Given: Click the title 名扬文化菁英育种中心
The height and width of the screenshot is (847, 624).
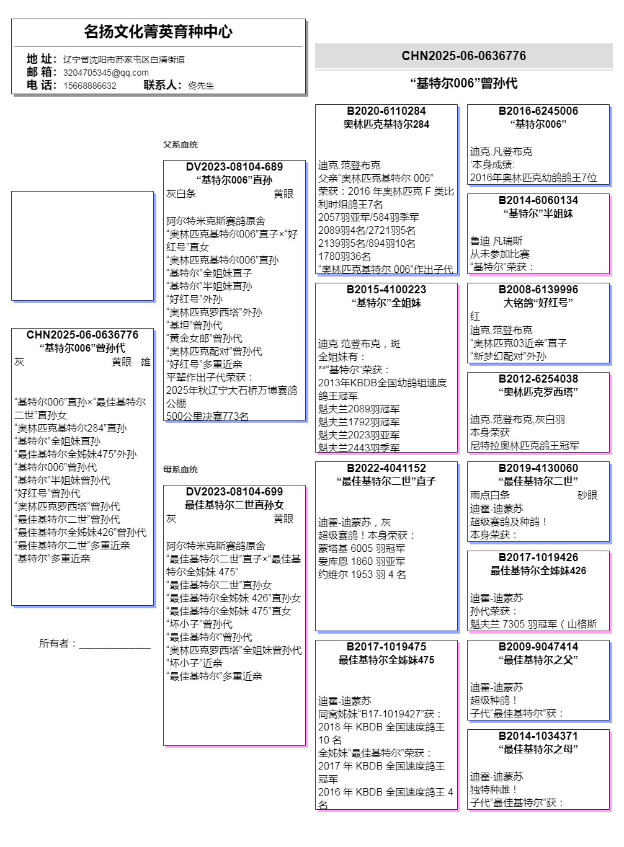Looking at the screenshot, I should point(158,32).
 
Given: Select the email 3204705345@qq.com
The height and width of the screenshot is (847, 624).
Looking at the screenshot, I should point(105,73).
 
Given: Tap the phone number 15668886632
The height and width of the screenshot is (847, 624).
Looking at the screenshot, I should point(89,86).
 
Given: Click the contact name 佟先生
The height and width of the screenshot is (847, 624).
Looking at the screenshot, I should point(201,86).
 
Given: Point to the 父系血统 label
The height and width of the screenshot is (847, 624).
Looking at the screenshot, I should point(180,144).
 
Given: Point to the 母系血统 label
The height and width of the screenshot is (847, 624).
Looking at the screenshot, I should point(180,469).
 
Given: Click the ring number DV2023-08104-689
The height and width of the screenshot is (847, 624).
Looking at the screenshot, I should point(234,167).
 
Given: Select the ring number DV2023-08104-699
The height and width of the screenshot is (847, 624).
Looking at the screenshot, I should point(234,492).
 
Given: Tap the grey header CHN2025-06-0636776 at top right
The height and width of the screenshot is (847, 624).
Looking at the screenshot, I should point(463,56).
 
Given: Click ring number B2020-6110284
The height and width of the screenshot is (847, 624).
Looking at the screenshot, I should point(386,111).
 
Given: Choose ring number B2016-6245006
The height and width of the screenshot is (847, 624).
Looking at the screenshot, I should point(538,111).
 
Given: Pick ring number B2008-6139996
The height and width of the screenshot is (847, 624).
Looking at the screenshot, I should point(538,290).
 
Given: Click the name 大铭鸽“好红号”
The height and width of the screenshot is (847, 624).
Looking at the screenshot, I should point(538,303).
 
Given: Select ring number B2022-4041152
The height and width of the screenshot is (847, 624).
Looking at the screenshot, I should point(386,468).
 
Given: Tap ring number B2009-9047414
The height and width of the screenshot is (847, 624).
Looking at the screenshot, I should point(538,647).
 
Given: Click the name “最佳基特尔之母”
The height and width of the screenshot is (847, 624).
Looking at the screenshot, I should point(538,749).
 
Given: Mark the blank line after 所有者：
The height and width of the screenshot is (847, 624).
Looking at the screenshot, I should point(115,645).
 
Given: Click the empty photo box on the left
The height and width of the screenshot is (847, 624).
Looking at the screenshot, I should point(82,246).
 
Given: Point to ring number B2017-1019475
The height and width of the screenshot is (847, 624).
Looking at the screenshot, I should point(386,647).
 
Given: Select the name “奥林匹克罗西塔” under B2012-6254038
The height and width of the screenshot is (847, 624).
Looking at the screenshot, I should point(538,392).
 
